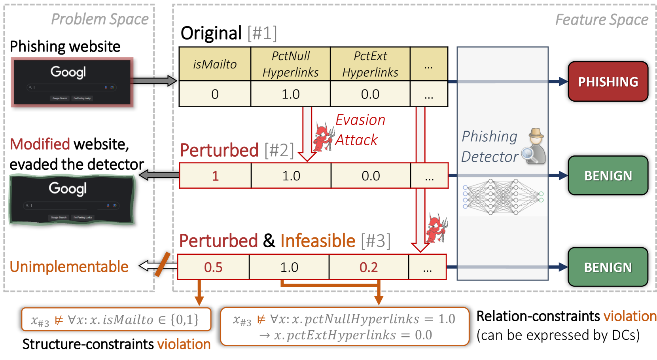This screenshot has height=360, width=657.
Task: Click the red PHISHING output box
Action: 608,81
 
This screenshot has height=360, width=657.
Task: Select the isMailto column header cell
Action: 215,64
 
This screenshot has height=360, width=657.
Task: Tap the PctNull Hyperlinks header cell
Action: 290,64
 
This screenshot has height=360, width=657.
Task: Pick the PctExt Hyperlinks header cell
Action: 370,64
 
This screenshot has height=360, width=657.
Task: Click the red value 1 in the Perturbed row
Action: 215,176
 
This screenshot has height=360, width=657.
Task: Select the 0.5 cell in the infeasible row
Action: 213,267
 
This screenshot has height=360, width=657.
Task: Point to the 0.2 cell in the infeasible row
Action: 369,267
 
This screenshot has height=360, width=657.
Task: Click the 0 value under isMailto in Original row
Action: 215,94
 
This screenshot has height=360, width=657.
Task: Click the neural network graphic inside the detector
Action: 502,197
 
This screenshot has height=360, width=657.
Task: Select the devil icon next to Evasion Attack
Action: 324,136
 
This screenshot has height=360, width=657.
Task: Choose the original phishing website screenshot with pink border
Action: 72,82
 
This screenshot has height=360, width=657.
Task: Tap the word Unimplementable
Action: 69,267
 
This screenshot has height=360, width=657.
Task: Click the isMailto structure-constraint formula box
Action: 116,319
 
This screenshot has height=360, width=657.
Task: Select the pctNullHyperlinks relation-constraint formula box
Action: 344,326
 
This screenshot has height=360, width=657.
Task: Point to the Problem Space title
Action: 100,19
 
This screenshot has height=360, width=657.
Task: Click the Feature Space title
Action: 602,19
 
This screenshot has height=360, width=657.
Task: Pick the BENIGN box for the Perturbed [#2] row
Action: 608,175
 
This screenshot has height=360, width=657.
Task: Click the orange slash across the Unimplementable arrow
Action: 163,264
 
